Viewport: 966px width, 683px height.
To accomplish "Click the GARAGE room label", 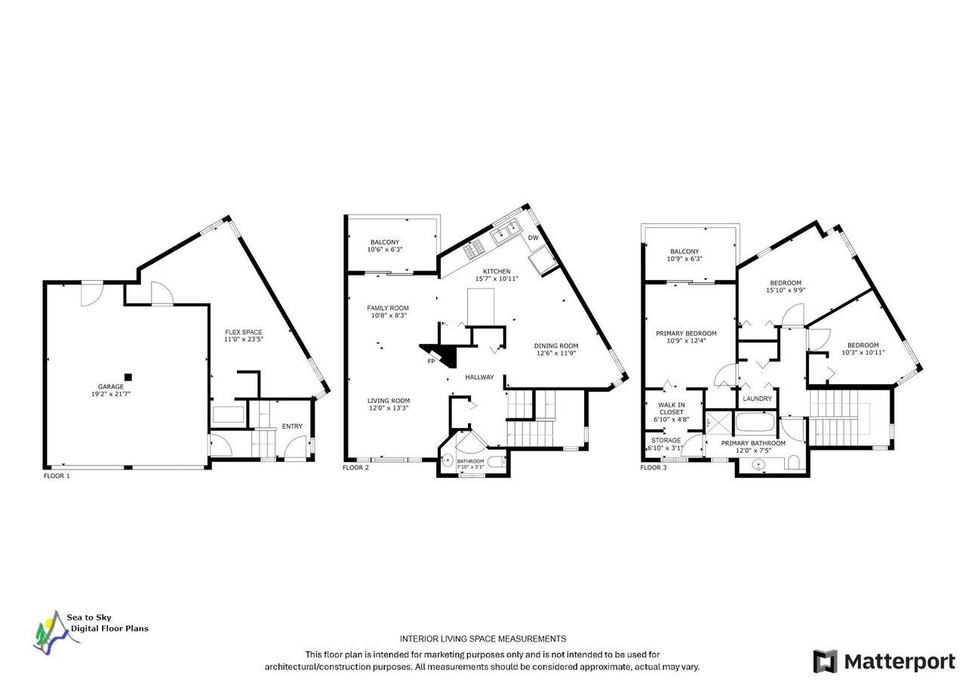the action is click(x=111, y=386).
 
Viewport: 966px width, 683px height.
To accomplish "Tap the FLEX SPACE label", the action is click(x=244, y=332).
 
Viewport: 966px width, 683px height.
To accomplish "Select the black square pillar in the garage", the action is click(x=128, y=377).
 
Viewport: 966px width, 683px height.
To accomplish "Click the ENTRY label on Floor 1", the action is click(x=292, y=426).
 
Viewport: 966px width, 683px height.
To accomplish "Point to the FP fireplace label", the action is click(x=431, y=361).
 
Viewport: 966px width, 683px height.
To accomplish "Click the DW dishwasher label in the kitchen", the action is click(x=534, y=238).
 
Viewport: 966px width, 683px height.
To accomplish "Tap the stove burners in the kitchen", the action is click(x=473, y=249).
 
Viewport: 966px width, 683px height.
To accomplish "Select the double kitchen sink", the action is click(x=508, y=233).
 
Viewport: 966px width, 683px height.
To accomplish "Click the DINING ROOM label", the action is click(x=556, y=346).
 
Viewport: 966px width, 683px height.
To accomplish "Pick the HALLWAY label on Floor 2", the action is click(x=479, y=377).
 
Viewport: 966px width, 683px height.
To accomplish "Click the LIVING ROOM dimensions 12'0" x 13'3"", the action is click(x=389, y=408).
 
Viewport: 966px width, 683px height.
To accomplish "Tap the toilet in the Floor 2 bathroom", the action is click(x=500, y=461).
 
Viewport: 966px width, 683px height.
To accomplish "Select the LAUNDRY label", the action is click(x=757, y=398).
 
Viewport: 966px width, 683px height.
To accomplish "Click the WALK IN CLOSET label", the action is click(x=672, y=408).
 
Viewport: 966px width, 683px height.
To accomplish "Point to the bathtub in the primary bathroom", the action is click(x=755, y=422).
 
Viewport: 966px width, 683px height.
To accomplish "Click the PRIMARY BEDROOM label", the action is click(x=686, y=333).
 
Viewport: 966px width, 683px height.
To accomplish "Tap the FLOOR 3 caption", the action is click(x=654, y=467).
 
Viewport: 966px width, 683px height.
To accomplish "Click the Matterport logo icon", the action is click(x=825, y=661).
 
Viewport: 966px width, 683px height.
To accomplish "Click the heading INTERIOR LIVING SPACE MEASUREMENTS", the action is click(x=483, y=638).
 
